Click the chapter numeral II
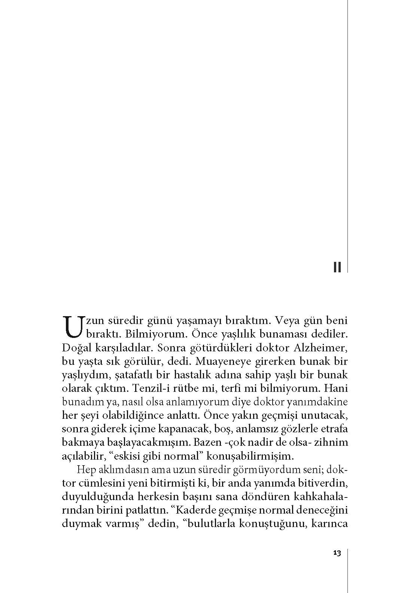337,267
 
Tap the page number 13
337,553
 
